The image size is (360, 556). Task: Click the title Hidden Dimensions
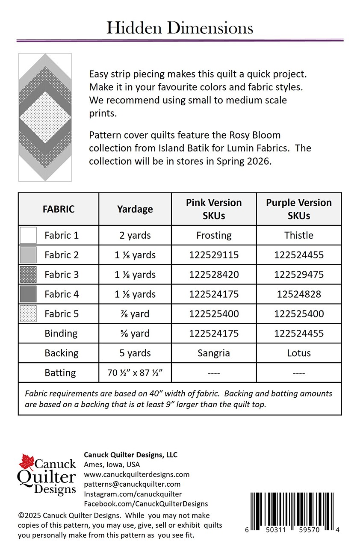180,28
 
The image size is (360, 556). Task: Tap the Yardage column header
135,209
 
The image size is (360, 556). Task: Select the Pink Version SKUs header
214,209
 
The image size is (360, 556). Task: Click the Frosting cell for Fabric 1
214,235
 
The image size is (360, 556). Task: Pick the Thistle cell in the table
299,235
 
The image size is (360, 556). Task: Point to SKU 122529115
214,255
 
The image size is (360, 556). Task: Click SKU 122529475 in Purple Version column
299,275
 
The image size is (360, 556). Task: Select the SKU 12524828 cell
299,294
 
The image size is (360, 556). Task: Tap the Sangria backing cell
214,353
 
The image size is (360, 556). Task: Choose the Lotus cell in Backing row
299,353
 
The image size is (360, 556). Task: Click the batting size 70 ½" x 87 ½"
135,373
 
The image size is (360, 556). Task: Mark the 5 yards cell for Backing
135,353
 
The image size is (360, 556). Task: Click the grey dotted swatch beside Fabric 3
28,275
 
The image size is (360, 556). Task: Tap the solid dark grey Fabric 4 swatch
28,294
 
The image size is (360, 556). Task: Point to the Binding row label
61,334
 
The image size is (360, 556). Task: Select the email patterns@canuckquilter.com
132,484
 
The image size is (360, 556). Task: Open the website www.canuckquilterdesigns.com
136,474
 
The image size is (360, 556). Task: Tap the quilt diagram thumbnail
45,117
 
